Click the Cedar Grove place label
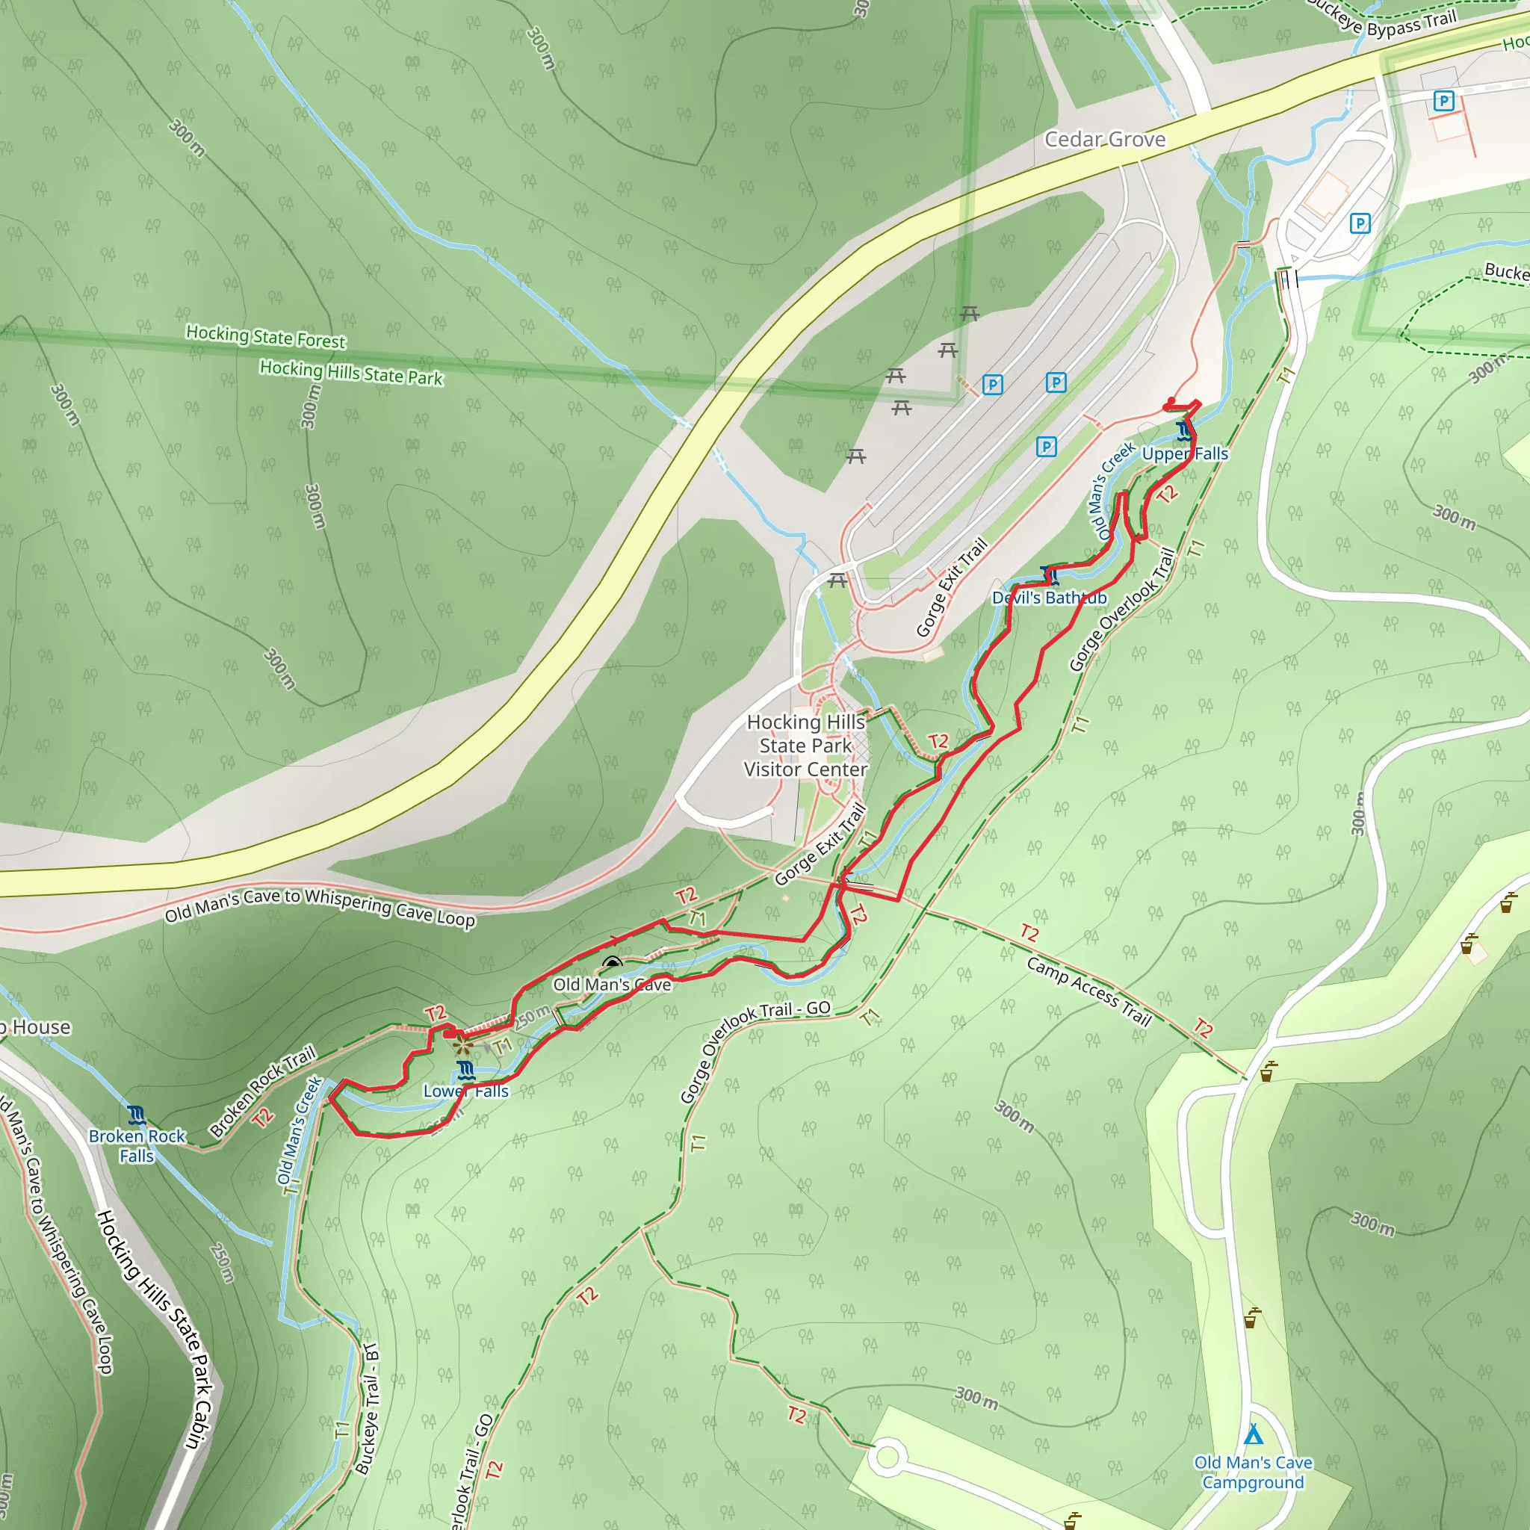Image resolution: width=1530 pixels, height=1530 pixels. click(x=1105, y=140)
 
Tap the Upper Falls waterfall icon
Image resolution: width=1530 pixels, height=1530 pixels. click(x=1184, y=432)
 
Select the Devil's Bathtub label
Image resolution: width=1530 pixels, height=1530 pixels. click(x=1050, y=598)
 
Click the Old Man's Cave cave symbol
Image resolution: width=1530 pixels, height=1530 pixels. click(x=611, y=964)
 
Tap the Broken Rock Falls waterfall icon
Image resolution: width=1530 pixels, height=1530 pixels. click(x=137, y=1117)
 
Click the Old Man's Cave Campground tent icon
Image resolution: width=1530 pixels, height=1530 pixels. click(x=1253, y=1434)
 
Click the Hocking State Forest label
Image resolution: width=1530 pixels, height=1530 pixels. click(x=265, y=337)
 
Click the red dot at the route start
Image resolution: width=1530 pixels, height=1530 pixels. click(x=1171, y=400)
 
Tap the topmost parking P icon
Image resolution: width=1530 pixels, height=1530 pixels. click(x=1443, y=101)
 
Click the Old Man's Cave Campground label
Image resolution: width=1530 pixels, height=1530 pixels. click(x=1253, y=1472)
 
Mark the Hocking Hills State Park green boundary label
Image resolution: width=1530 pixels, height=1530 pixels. click(x=351, y=372)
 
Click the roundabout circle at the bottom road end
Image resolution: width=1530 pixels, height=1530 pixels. click(x=887, y=1456)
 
